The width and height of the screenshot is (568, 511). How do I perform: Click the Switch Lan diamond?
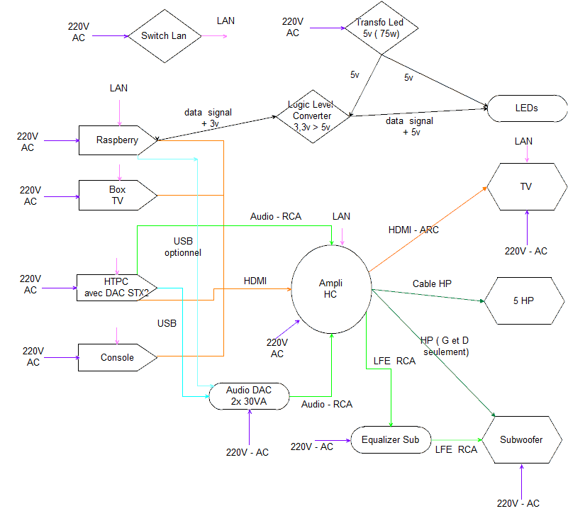click(164, 36)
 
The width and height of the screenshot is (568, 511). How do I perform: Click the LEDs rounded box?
click(526, 108)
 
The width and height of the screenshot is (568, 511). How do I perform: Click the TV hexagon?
click(525, 187)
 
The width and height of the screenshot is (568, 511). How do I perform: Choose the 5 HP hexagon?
click(523, 301)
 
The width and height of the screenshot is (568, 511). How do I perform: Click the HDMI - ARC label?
click(413, 230)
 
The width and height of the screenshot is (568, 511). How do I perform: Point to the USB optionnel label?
click(183, 247)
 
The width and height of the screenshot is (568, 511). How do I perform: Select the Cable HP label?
click(432, 283)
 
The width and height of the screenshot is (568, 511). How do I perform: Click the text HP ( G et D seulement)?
click(445, 347)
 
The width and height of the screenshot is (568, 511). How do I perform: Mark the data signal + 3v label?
click(208, 118)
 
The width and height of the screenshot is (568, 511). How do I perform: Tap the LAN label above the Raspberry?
click(119, 89)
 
